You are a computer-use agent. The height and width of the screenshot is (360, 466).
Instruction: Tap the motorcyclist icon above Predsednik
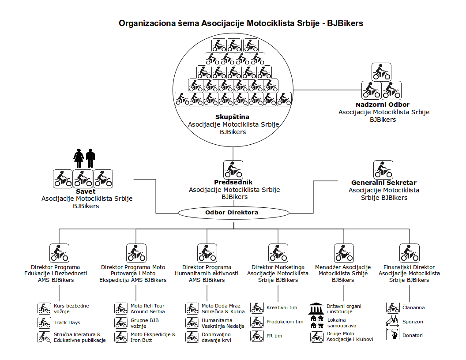[233, 169]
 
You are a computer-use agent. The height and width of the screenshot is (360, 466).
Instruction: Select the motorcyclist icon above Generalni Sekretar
[383, 169]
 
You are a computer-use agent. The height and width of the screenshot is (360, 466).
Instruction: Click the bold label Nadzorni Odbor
[383, 105]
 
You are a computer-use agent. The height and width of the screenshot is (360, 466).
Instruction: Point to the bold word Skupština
[233, 117]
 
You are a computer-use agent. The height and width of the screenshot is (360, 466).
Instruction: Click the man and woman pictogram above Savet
[85, 158]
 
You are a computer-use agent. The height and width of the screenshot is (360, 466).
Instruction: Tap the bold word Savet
[86, 191]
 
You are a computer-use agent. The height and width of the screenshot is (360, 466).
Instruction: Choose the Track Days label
[67, 322]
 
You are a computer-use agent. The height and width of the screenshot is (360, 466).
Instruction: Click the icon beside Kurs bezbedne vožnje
[44, 307]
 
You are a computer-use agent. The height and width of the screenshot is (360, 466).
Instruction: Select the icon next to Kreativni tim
[257, 307]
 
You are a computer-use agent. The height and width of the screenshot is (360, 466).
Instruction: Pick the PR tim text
[275, 336]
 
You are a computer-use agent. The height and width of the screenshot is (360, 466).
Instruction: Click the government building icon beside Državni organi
[316, 307]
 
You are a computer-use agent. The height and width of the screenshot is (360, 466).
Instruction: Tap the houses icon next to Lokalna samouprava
[317, 322]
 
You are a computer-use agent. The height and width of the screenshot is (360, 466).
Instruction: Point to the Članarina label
[413, 307]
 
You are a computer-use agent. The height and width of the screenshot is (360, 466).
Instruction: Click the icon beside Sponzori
[393, 321]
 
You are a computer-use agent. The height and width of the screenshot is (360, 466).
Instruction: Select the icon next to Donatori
[393, 335]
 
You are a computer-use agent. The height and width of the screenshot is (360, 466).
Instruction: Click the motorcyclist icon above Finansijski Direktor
[409, 253]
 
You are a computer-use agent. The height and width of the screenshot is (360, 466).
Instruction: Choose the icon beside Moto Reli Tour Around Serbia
[121, 308]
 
